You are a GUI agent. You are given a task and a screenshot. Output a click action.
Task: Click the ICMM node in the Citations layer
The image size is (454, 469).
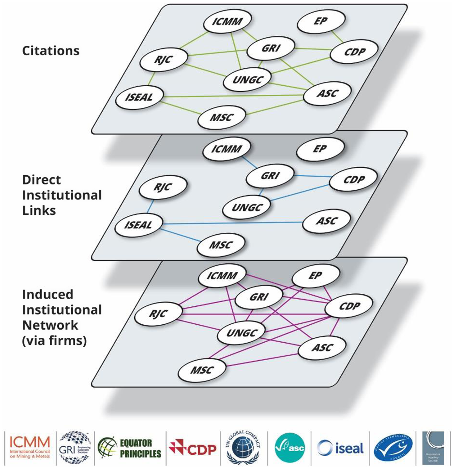coord(227,22)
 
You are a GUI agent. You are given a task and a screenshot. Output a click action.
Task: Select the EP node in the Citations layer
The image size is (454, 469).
coord(321,21)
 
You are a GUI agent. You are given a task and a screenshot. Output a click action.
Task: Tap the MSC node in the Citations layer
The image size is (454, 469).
coord(222,117)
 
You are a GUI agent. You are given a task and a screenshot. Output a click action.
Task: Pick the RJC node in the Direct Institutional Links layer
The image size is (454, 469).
coord(163,187)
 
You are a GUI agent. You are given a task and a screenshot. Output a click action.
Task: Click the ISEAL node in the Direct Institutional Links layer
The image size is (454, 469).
coord(138,225)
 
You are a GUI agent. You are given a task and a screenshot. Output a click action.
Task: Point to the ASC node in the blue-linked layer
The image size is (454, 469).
coord(326,221)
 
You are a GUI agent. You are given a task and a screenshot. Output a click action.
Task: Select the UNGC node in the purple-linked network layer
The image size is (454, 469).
coord(241,333)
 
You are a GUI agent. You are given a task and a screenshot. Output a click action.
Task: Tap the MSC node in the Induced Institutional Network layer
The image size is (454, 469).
coord(202,370)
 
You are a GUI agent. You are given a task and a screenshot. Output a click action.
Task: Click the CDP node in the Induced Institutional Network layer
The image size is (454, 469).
coord(349,306)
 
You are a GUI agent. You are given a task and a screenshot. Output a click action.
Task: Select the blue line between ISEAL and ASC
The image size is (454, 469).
coord(233,223)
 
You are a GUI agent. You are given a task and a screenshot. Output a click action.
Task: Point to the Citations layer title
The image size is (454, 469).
coord(51,51)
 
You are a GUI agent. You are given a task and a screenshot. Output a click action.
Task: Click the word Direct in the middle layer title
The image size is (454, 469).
coord(41,180)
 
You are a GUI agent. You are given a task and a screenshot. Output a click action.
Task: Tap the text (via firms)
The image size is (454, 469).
coord(54,341)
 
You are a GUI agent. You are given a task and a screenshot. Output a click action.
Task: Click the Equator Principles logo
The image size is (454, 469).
coord(129,448)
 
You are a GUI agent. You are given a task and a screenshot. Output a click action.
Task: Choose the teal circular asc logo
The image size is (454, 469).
coord(290,448)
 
